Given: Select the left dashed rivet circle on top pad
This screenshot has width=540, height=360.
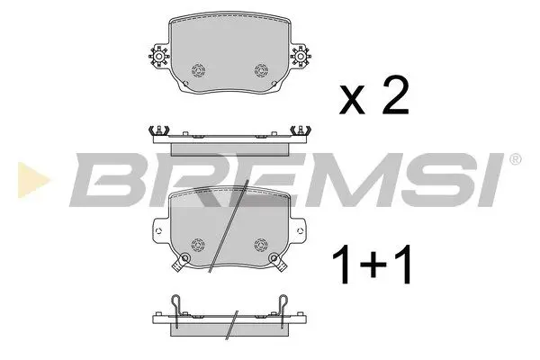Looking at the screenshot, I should tap(197, 71).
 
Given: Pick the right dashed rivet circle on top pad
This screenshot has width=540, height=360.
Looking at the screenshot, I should tap(262, 71).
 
